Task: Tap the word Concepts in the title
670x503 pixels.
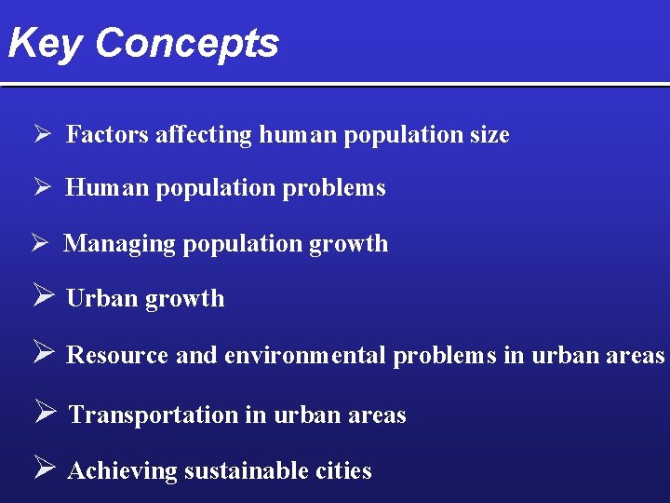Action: (x=186, y=44)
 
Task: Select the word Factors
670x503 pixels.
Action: (x=107, y=135)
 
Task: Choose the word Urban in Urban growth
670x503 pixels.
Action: (x=100, y=299)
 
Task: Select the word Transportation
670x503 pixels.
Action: (x=154, y=415)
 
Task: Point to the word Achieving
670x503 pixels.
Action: (x=122, y=471)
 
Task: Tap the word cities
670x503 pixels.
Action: (x=342, y=471)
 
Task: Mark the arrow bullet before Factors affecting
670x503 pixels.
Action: (x=42, y=134)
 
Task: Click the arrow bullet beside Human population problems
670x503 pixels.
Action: (x=42, y=187)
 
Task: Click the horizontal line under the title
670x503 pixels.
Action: (x=335, y=85)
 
